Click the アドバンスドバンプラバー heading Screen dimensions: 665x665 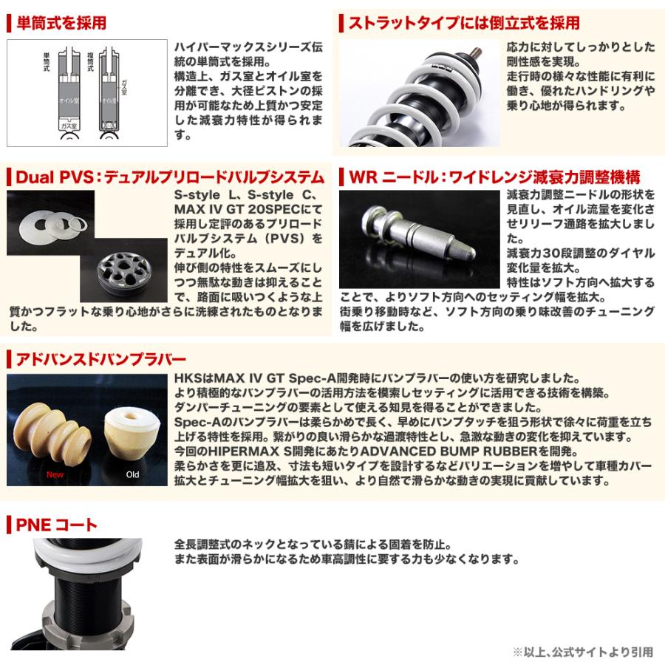100,360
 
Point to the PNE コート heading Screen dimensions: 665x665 56,525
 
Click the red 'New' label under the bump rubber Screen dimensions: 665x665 55,474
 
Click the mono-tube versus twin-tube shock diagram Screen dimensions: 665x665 87,92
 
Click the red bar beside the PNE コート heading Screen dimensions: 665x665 10,525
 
